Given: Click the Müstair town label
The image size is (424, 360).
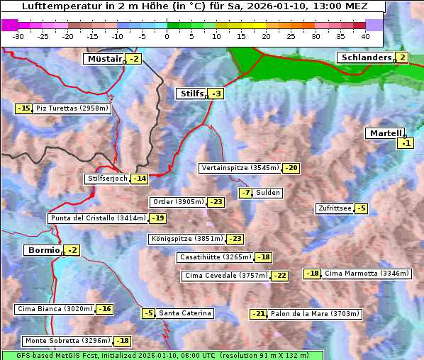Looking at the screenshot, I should pos(104,59).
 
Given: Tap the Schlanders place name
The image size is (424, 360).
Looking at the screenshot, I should pos(365,57).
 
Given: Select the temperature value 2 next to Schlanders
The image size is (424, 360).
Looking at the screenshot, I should pos(402,57).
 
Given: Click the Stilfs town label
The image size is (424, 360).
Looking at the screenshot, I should pos(191,94).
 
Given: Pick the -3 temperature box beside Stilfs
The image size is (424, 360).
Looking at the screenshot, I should pos(216,94).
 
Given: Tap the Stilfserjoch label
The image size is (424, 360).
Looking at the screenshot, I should pos(107,179).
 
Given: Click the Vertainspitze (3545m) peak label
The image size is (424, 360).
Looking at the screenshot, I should pos(240,168).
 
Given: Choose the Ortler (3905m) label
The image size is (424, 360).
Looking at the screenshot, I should pos(178,202).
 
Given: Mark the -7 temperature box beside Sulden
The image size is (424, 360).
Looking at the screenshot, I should pos(245,193).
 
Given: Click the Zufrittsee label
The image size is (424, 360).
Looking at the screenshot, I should pos(334,208).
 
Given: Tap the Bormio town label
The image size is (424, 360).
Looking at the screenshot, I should pos(43,250).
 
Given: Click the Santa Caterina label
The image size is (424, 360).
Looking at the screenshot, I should pos(184,313).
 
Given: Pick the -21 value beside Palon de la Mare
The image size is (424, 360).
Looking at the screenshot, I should pos(259,314).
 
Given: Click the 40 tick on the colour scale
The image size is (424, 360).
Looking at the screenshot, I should pos(365,36).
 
